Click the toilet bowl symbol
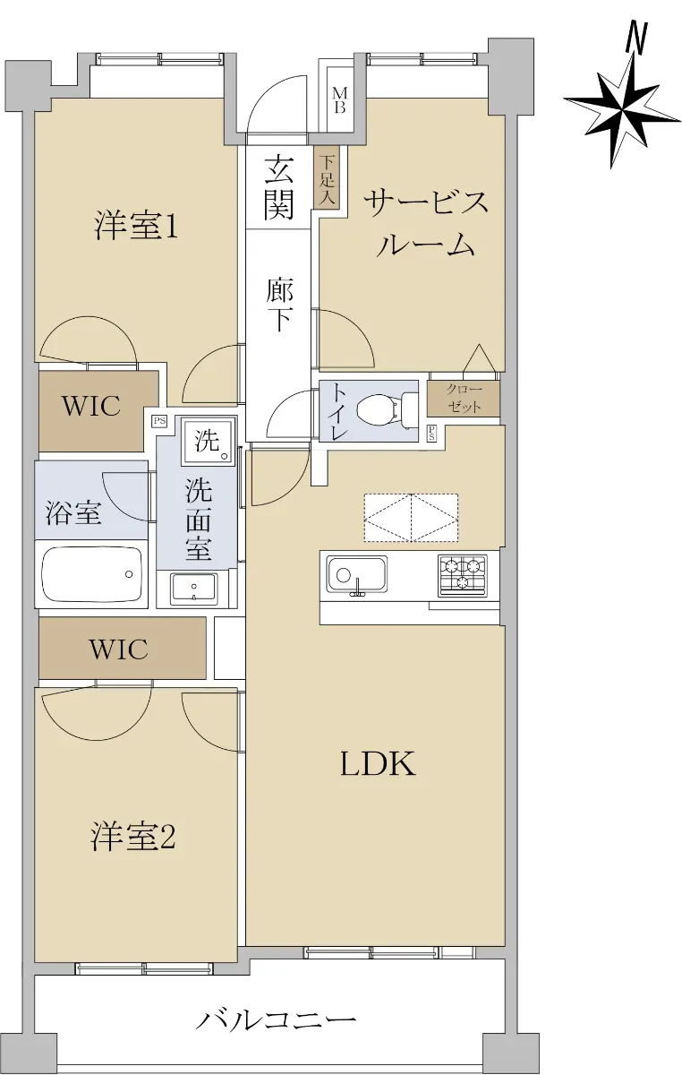tap(380, 410)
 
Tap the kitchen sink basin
tap(356, 575)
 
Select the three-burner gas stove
tap(463, 575)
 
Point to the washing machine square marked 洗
tap(209, 441)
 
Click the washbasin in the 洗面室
tap(194, 589)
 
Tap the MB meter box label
tap(339, 99)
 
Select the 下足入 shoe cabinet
tap(327, 177)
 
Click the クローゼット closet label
tap(464, 398)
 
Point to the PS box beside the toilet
tap(432, 434)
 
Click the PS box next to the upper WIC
tap(159, 422)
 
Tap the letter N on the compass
tap(637, 37)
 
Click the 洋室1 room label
tap(136, 225)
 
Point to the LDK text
tap(378, 763)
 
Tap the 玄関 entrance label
tap(279, 187)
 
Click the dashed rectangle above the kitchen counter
tap(411, 518)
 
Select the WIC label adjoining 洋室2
tap(118, 649)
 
